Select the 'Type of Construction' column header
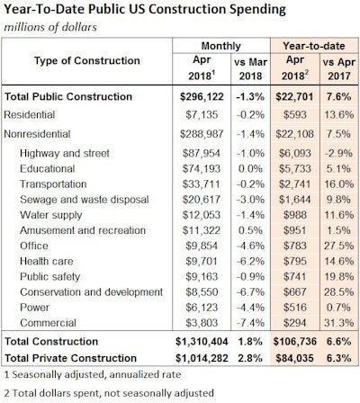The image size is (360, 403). (82, 59)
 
